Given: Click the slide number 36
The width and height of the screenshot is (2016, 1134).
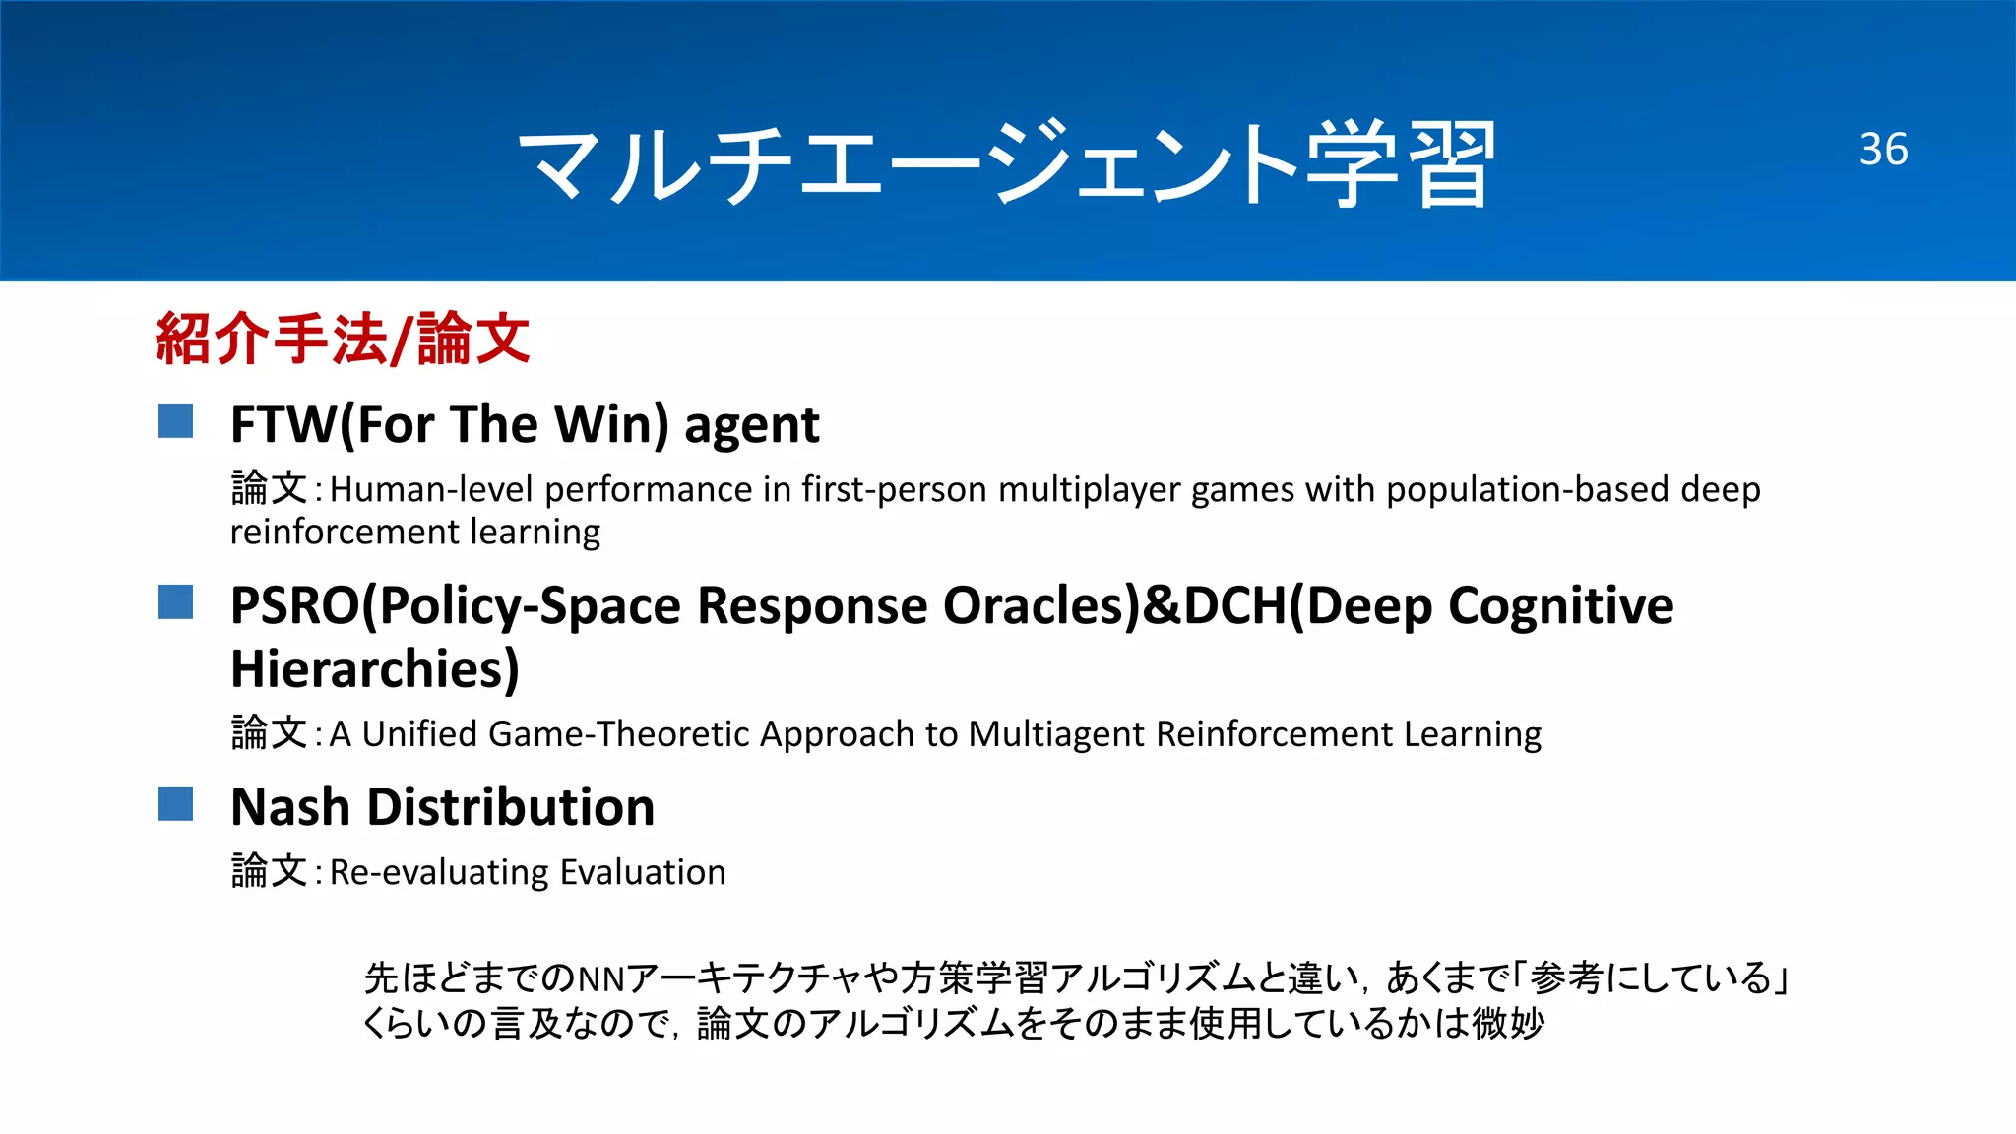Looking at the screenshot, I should [x=1883, y=150].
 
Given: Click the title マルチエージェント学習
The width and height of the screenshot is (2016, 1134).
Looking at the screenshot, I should [x=1006, y=163].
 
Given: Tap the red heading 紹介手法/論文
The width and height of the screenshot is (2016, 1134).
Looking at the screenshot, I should [x=343, y=339].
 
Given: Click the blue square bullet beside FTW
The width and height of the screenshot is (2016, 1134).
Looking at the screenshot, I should [x=176, y=421].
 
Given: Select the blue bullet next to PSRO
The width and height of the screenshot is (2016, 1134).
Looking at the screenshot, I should [x=176, y=602].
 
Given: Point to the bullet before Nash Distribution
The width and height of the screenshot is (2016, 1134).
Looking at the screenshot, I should [x=176, y=803].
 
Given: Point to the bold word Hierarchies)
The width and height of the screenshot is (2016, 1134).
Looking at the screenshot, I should [x=374, y=669].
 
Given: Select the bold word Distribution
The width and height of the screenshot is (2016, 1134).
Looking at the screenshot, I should [x=511, y=807].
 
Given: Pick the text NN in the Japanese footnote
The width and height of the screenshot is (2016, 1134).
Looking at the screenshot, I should [x=600, y=978].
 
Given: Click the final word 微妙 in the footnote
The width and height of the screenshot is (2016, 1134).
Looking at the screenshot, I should [x=1508, y=1024].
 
